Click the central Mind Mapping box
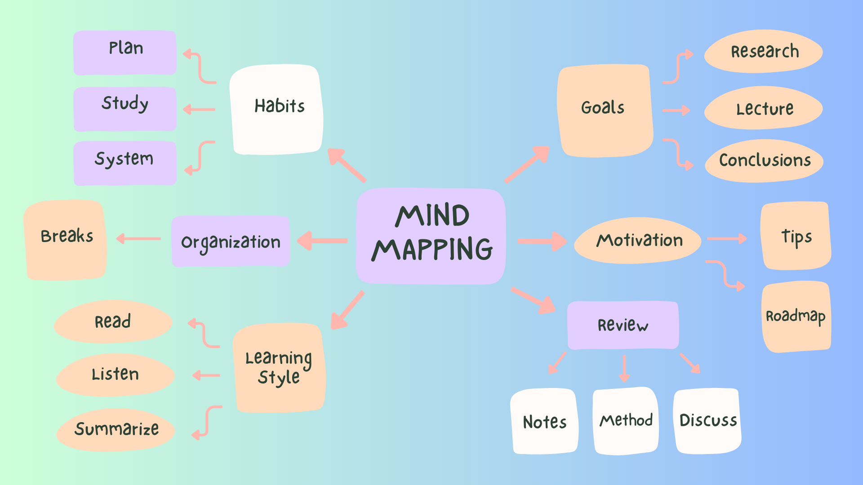pos(431,236)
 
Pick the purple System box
pos(125,163)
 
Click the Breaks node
pos(66,240)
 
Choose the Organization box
pos(231,242)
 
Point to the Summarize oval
pos(116,430)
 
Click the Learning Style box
pos(279,368)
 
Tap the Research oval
pos(764,52)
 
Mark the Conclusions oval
pos(764,161)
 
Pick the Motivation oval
pos(638,241)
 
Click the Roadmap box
pos(796,317)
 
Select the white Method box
pos(626,421)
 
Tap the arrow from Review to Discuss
pos(690,363)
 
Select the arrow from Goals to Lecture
pos(676,110)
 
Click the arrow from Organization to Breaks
pos(138,238)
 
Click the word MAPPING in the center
pos(432,250)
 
